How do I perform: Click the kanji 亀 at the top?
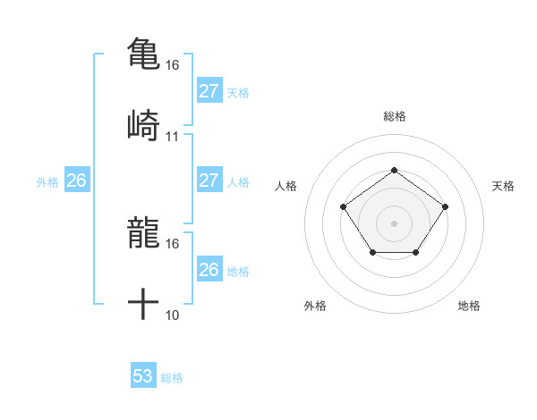click(x=143, y=53)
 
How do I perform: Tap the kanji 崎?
click(x=143, y=124)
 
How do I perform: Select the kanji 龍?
click(x=143, y=233)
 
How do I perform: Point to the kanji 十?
click(x=143, y=305)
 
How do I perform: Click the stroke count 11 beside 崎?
click(x=173, y=137)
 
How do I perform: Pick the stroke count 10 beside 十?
click(x=173, y=315)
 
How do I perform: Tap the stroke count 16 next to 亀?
click(x=173, y=65)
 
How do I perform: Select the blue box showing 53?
click(x=143, y=376)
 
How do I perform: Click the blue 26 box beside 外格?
click(x=76, y=181)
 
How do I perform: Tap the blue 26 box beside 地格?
click(x=209, y=270)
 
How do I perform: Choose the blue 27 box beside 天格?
click(x=209, y=91)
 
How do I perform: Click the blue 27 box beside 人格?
click(x=209, y=181)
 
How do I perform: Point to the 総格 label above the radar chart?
click(x=395, y=116)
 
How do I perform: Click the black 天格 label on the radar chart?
click(x=504, y=186)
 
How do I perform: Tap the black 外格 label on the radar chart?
click(x=315, y=306)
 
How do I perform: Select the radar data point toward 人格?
click(x=344, y=206)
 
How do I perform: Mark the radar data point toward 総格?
click(x=394, y=170)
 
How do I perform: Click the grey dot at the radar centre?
click(x=394, y=223)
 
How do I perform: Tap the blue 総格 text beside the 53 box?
click(x=172, y=378)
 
